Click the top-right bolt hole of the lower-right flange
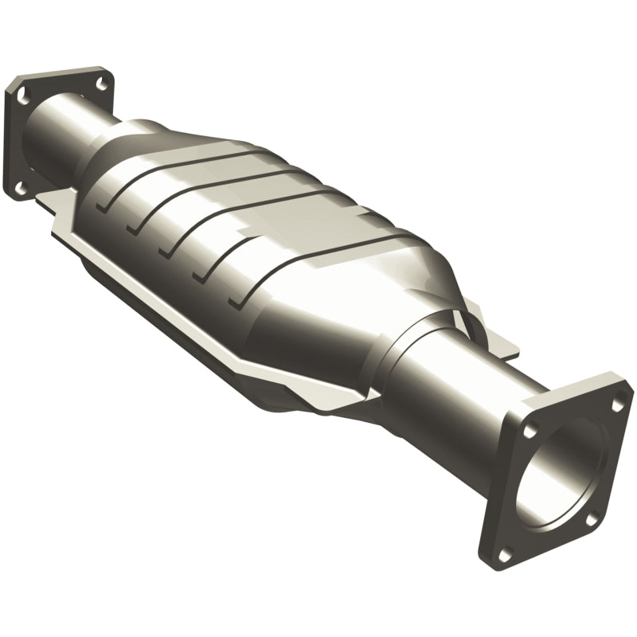pos(617,405)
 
